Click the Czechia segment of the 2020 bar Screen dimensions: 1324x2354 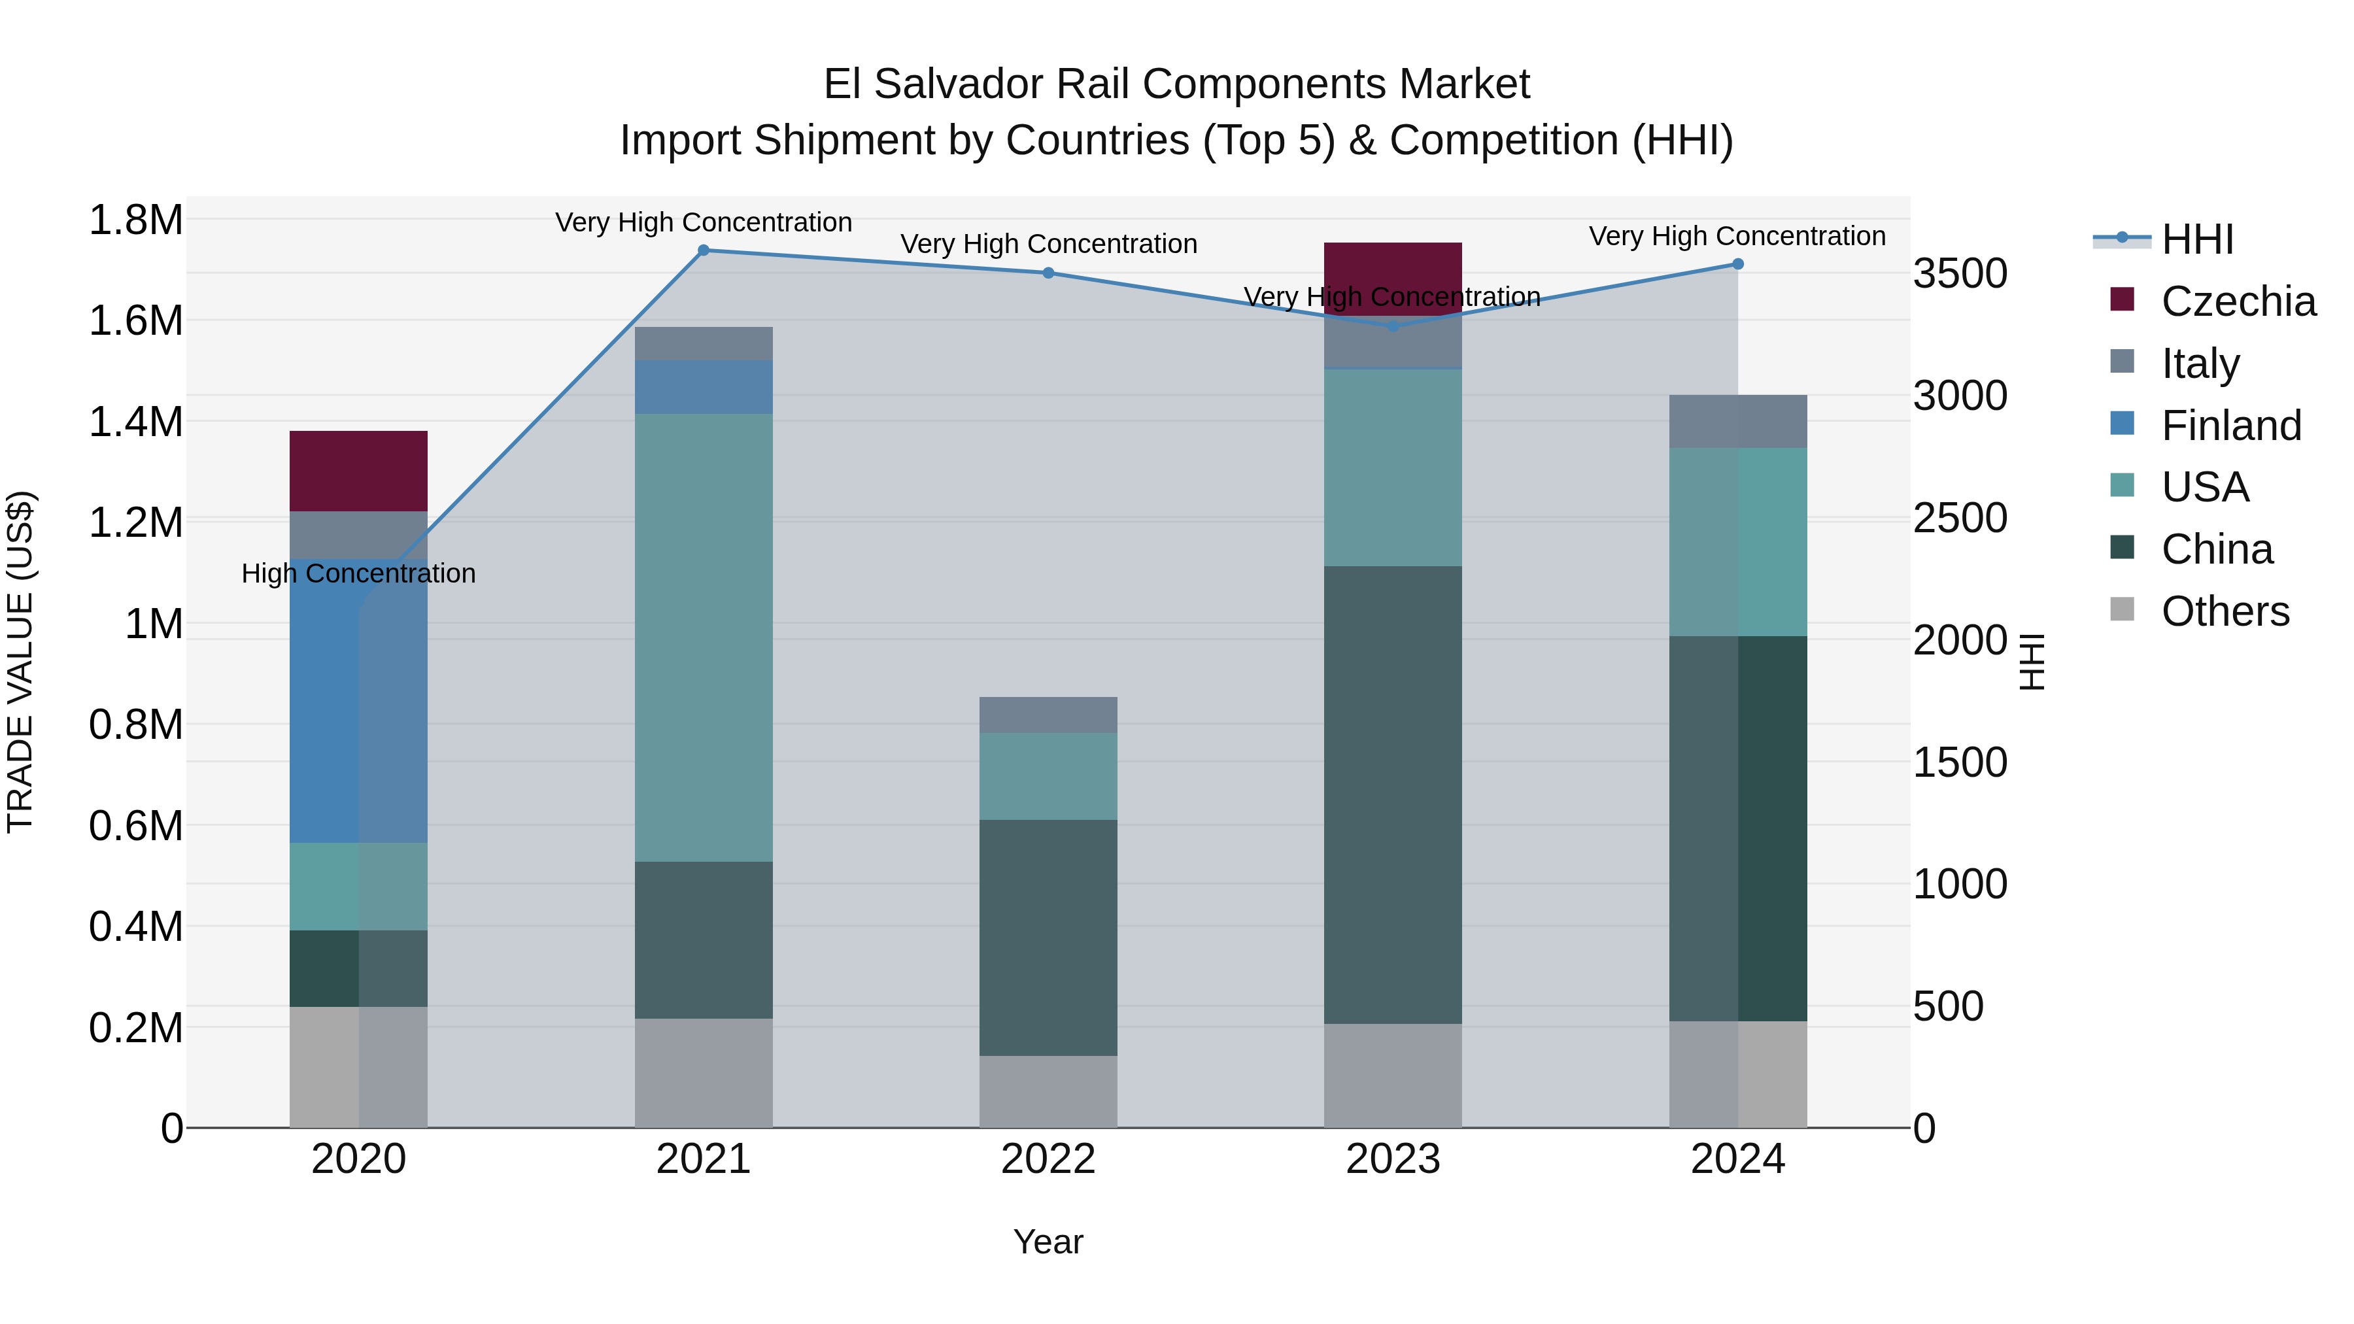pyautogui.click(x=358, y=471)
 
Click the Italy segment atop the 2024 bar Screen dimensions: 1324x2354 pyautogui.click(x=1738, y=421)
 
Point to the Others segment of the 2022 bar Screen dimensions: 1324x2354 pyautogui.click(x=1048, y=1091)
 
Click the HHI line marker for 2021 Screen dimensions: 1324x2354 pyautogui.click(x=704, y=250)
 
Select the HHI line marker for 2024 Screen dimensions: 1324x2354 pyautogui.click(x=1738, y=264)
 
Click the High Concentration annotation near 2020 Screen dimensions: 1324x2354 pyautogui.click(x=358, y=574)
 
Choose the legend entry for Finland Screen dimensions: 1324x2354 pyautogui.click(x=2230, y=426)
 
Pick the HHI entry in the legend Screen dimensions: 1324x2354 pyautogui.click(x=2197, y=239)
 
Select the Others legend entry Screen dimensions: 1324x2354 pyautogui.click(x=2225, y=611)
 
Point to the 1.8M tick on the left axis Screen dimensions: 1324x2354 pyautogui.click(x=135, y=220)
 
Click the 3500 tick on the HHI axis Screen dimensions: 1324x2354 pyautogui.click(x=1960, y=273)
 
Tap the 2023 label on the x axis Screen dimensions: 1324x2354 pyautogui.click(x=1393, y=1159)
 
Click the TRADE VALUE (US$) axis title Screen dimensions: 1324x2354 pyautogui.click(x=20, y=662)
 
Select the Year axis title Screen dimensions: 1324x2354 pyautogui.click(x=1048, y=1242)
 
